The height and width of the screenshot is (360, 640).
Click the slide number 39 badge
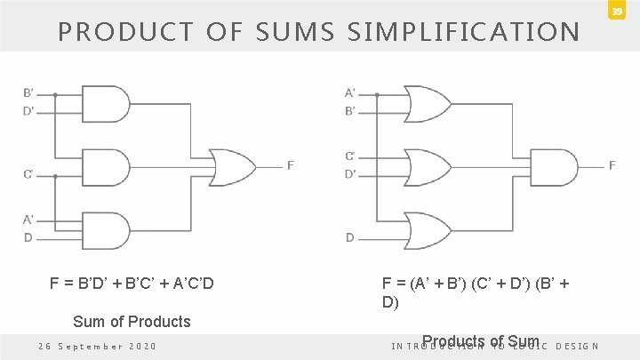click(x=615, y=12)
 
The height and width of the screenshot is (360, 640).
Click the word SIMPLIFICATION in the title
click(x=463, y=33)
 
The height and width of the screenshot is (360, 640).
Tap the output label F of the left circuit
click(x=291, y=164)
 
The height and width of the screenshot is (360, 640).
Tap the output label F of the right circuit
click(x=612, y=164)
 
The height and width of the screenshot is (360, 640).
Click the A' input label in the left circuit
click(x=28, y=219)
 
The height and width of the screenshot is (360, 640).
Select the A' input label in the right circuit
click(x=349, y=92)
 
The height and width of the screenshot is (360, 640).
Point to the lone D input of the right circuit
click(x=349, y=237)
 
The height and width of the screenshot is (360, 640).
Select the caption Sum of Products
click(x=131, y=321)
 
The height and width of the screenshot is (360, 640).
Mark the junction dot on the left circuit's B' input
click(x=55, y=93)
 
